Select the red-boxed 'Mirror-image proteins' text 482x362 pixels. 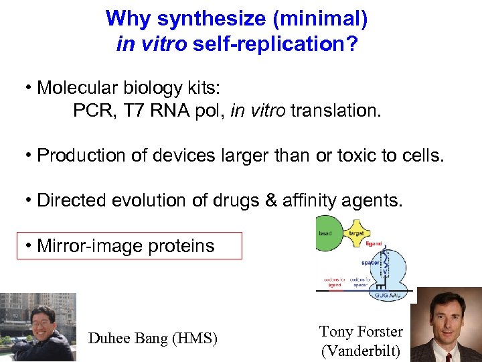click(x=126, y=246)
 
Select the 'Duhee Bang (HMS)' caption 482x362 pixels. click(x=153, y=339)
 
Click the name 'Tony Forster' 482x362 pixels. click(x=361, y=331)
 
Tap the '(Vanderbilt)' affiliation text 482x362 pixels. click(x=361, y=350)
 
